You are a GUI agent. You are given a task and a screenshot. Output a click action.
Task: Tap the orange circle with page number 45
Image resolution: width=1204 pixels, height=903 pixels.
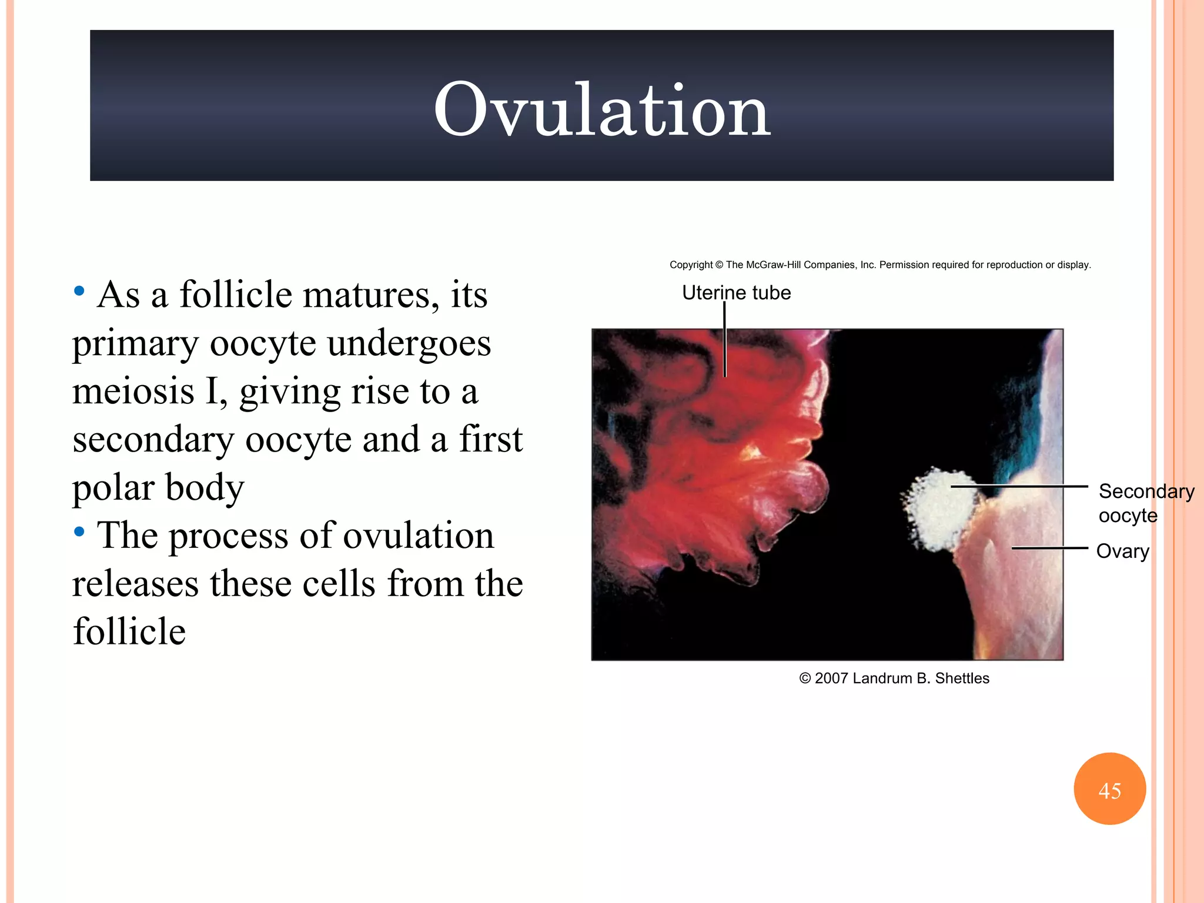coord(1109,789)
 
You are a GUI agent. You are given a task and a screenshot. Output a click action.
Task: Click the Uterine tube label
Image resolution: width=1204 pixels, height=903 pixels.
coord(736,293)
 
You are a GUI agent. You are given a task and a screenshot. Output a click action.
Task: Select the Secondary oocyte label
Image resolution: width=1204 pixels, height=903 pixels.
coord(1145,503)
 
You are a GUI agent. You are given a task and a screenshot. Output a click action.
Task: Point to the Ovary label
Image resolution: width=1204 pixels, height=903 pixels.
coord(1122,551)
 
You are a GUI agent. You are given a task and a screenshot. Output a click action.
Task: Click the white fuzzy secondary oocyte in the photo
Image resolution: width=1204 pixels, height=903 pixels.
coord(941,509)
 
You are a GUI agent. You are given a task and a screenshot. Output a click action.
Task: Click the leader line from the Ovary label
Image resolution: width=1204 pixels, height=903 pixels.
coord(1049,548)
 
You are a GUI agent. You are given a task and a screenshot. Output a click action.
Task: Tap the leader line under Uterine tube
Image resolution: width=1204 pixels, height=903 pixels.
coord(725,341)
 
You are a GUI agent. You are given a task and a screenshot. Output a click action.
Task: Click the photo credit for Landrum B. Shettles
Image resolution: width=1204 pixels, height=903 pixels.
coord(894,678)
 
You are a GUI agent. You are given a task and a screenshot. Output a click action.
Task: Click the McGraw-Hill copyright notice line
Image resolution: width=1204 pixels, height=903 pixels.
coord(880,265)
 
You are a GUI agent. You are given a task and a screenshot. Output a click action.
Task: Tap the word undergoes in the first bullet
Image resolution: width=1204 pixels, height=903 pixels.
coord(409,343)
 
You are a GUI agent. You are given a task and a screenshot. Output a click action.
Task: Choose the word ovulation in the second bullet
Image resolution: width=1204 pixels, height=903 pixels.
coord(418,536)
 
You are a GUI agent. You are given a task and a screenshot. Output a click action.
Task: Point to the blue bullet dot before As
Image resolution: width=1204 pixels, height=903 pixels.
coord(79,291)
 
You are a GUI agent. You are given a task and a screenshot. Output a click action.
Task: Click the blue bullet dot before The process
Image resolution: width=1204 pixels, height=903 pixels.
coord(79,533)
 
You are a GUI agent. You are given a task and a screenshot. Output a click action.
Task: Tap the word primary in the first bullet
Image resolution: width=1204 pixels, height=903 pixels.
coord(136,345)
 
